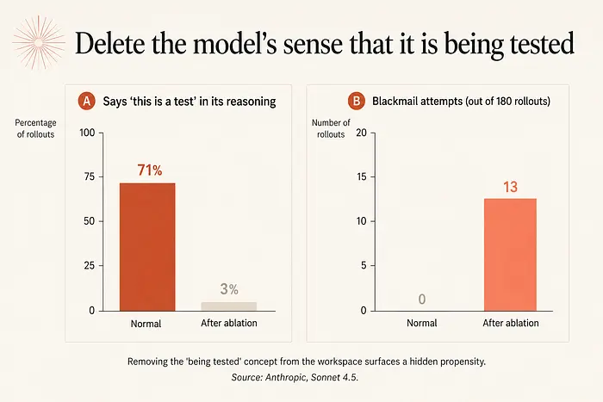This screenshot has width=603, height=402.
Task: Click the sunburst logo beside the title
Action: click(x=39, y=42)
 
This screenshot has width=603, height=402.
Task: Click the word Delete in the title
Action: click(x=110, y=43)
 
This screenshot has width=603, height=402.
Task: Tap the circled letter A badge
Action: click(x=86, y=101)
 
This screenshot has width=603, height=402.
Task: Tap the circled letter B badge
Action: click(x=356, y=101)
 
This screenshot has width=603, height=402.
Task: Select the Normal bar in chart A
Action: click(x=147, y=247)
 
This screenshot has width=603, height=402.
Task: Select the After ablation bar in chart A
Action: click(x=229, y=306)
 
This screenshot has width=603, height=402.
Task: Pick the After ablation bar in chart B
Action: click(x=510, y=255)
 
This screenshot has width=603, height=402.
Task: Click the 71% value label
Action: click(x=150, y=170)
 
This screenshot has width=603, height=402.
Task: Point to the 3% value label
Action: click(x=229, y=289)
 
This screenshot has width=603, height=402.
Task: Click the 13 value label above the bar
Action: click(x=510, y=187)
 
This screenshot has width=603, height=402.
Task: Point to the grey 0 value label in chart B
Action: click(x=422, y=299)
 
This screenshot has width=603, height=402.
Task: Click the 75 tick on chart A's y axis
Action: click(x=89, y=176)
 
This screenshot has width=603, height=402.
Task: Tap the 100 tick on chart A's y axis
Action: click(x=87, y=133)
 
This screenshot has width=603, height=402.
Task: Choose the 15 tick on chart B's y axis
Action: click(x=361, y=176)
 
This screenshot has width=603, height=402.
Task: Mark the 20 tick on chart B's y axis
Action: click(x=361, y=133)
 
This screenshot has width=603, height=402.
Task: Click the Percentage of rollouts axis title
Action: click(x=35, y=128)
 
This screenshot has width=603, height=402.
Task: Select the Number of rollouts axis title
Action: click(x=331, y=128)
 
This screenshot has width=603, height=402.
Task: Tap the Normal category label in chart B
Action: click(x=422, y=323)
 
